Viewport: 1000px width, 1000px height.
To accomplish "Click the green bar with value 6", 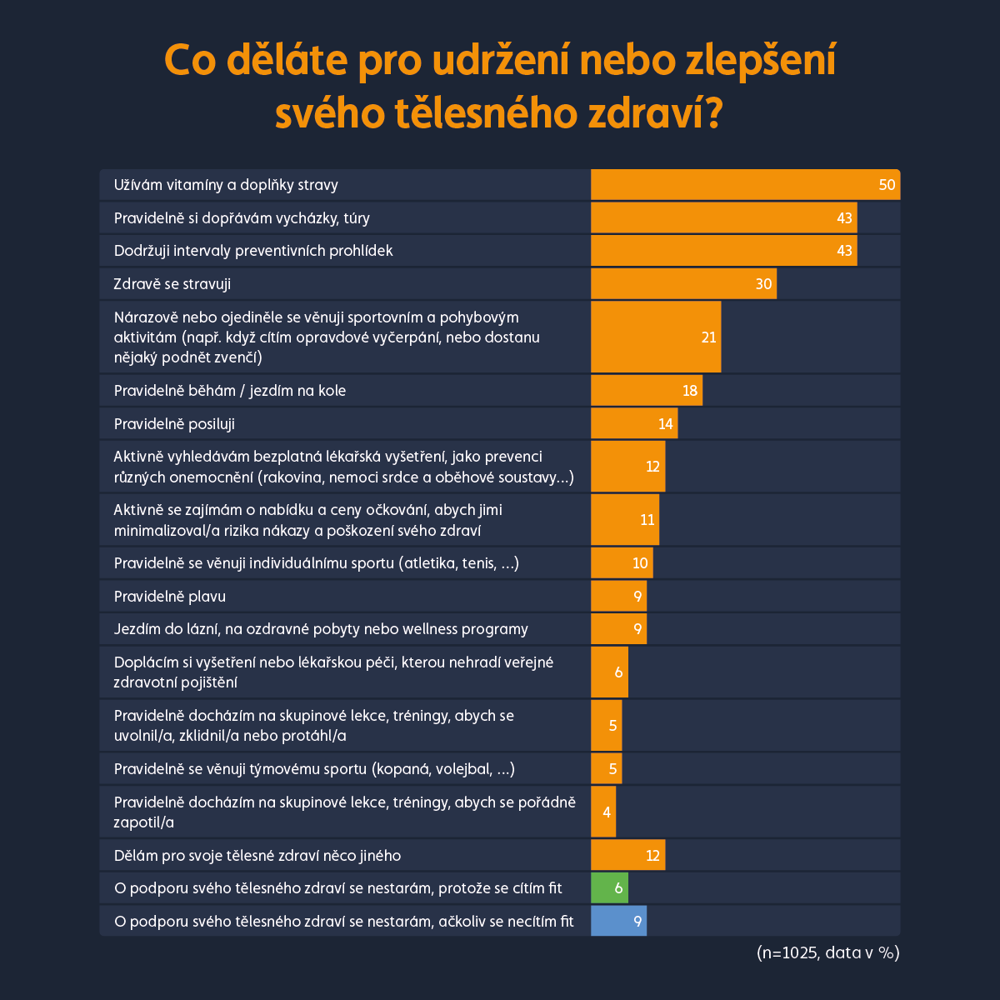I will click(x=609, y=888).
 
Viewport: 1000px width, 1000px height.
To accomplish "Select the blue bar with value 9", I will click(x=618, y=921).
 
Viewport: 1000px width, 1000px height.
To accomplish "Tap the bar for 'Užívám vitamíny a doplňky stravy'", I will click(x=745, y=185).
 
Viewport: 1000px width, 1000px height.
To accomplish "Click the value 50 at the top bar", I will click(x=887, y=185).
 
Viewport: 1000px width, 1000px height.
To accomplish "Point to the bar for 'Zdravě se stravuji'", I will click(x=683, y=284).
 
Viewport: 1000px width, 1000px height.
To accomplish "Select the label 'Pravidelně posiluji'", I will click(x=174, y=424).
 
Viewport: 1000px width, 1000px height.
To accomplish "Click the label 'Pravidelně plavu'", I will click(x=170, y=597).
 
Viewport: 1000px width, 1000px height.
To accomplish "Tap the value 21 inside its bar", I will click(x=708, y=337).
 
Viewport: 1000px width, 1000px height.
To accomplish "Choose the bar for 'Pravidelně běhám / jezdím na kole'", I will click(x=647, y=391).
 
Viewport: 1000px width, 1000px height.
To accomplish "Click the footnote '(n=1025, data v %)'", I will click(x=827, y=952).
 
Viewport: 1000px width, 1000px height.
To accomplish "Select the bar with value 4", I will click(x=603, y=812).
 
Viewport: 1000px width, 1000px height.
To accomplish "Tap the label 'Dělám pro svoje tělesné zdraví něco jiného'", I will click(x=257, y=856).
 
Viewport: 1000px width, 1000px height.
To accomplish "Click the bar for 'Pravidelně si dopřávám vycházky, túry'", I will click(x=723, y=218).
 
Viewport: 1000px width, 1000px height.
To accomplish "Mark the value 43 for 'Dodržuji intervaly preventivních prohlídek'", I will click(x=844, y=251).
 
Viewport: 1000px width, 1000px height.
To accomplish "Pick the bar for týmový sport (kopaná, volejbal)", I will click(x=606, y=769).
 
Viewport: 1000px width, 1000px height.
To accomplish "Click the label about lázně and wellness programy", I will click(x=321, y=629).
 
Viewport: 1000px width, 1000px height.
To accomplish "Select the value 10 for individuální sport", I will click(x=639, y=563).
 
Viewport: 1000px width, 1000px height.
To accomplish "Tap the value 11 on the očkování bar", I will click(x=647, y=520).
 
